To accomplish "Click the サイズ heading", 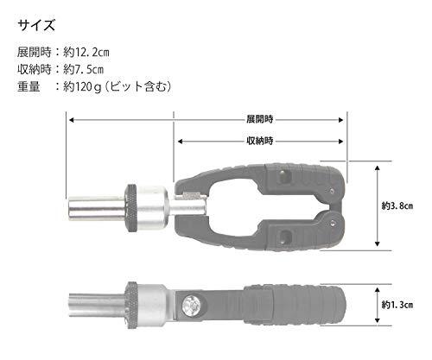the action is click(x=36, y=25).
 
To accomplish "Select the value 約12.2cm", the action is click(x=86, y=53).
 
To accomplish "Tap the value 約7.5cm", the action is click(x=83, y=69).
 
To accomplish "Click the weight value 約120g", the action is click(x=82, y=86).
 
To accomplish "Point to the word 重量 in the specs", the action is click(x=29, y=86).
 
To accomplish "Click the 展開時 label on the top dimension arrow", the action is click(x=259, y=119).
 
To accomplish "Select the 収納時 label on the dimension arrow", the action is click(x=259, y=141).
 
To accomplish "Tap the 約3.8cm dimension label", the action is click(x=397, y=205).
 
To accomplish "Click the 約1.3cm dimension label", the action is click(x=397, y=305).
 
